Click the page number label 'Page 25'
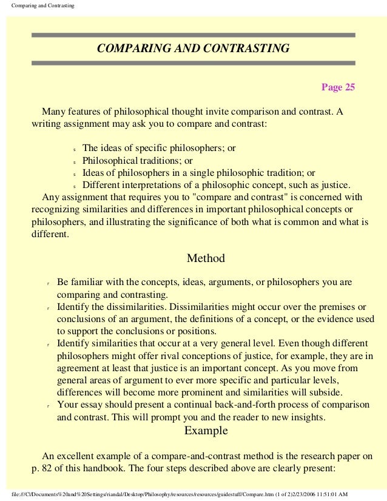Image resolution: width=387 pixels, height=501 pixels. point(338,87)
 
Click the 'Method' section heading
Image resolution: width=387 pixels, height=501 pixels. point(206,258)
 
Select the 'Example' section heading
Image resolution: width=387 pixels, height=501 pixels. point(206,431)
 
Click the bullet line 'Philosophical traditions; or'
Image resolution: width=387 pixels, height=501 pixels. point(138,161)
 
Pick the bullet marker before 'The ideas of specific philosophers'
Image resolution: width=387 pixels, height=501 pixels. point(73,149)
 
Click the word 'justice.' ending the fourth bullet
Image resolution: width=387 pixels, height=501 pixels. point(335,185)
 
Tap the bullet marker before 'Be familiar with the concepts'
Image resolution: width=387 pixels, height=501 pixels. point(47,284)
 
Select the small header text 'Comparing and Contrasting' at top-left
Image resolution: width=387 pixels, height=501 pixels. point(38,5)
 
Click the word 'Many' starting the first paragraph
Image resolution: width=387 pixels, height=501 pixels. point(53,112)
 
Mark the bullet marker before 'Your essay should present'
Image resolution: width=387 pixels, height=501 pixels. point(47,406)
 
